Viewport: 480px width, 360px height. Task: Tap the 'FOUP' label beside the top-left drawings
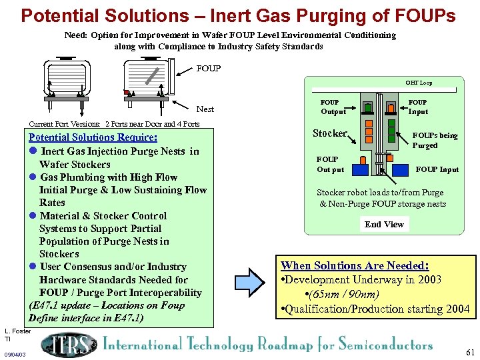click(x=209, y=68)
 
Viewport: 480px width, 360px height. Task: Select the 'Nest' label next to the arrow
click(x=205, y=109)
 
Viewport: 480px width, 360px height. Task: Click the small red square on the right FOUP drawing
click(x=125, y=92)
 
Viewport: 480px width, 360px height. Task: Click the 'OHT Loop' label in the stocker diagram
click(x=419, y=83)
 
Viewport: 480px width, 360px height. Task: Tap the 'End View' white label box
click(x=384, y=225)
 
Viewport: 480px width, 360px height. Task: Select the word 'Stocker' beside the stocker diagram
click(x=330, y=133)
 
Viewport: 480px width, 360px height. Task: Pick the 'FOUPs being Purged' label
click(x=435, y=140)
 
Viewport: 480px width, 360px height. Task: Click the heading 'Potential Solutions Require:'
click(x=93, y=137)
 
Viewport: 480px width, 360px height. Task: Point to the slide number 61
click(x=471, y=352)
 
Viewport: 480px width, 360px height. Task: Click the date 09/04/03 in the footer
click(x=15, y=355)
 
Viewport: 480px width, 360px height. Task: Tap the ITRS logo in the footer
click(x=69, y=345)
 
